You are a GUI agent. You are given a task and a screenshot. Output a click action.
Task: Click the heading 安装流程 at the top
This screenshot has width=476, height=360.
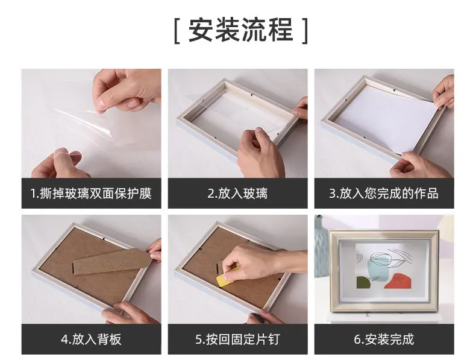(x=241, y=30)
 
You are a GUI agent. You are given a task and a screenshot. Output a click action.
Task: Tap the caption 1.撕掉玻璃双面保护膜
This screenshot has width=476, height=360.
(x=91, y=193)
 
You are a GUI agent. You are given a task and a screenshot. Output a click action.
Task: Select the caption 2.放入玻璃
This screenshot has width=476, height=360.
(x=237, y=193)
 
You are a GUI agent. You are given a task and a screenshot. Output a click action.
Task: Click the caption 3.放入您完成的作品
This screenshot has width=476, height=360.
(x=384, y=193)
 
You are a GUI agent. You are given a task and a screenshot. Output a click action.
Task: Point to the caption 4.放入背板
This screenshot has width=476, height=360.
(x=91, y=339)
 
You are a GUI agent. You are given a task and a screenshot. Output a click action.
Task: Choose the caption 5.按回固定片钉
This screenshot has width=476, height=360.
(x=237, y=339)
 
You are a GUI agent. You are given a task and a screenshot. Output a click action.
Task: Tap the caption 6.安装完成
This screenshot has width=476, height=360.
(x=384, y=339)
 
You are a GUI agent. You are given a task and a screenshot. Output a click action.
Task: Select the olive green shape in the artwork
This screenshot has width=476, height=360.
(x=364, y=283)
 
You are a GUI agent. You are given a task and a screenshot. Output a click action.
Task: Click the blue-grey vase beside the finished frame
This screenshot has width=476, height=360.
(x=322, y=246)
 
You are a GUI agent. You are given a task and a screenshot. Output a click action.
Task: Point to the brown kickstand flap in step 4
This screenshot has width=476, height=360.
(x=111, y=261)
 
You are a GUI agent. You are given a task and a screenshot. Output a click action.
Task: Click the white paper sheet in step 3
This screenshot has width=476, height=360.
(x=386, y=117)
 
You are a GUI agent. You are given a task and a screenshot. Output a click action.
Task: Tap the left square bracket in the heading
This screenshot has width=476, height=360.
(x=177, y=31)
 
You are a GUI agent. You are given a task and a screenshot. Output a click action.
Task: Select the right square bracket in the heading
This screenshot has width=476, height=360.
(x=305, y=31)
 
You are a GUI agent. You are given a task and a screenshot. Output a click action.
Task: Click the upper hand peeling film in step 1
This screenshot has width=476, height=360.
(x=128, y=90)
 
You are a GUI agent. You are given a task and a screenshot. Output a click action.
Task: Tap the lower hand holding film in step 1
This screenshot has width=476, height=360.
(x=58, y=164)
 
